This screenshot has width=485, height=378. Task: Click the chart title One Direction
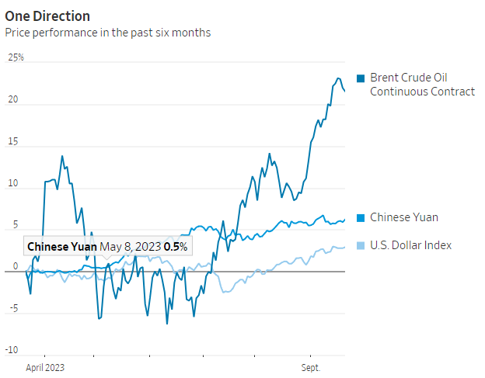click(47, 16)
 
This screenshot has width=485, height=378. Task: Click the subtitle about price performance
click(108, 33)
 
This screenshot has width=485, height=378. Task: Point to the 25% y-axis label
click(16, 58)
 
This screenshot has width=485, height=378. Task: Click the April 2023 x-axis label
click(45, 366)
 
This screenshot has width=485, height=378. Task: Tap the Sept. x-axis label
click(311, 366)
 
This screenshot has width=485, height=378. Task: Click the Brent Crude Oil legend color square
click(361, 78)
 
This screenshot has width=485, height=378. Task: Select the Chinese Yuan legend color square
click(361, 218)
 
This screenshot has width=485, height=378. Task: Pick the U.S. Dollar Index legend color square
click(361, 246)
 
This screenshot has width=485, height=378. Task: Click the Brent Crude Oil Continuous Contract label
click(422, 85)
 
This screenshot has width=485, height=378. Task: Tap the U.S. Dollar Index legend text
click(410, 246)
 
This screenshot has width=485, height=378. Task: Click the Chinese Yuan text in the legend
click(404, 218)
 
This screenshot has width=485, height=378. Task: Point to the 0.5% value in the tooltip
click(176, 247)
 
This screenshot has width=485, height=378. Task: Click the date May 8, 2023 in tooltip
click(131, 247)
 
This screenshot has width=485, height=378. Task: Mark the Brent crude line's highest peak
click(338, 78)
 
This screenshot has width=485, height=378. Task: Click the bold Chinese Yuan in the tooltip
click(62, 247)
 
